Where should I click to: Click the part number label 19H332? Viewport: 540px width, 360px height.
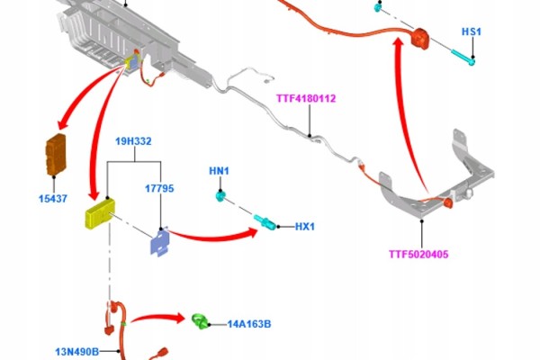pos(133,141)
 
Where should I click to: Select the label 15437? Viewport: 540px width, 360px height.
pos(53,198)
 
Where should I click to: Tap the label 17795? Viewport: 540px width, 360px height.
pos(159,188)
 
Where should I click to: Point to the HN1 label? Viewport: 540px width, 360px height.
pos(219,171)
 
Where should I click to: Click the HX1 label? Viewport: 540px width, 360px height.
pos(305,227)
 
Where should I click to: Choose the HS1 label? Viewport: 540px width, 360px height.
pos(472,31)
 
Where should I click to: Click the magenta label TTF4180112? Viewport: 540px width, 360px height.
pos(306,98)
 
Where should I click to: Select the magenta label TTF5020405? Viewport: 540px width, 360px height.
pos(418,254)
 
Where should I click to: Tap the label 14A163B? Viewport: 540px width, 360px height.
pos(249,324)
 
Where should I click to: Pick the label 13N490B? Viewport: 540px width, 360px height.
pos(77,352)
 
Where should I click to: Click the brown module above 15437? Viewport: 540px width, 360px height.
pos(56,154)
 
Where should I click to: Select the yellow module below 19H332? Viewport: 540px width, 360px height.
pos(100,214)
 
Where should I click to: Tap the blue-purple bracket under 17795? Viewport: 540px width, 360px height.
pos(160,242)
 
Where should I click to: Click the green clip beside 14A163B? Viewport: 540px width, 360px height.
pos(201,321)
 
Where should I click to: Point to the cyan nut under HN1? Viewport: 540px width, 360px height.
pos(220,196)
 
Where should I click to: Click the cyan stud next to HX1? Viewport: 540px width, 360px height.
pos(265,221)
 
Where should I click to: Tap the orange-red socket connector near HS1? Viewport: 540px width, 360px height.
pos(421,38)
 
